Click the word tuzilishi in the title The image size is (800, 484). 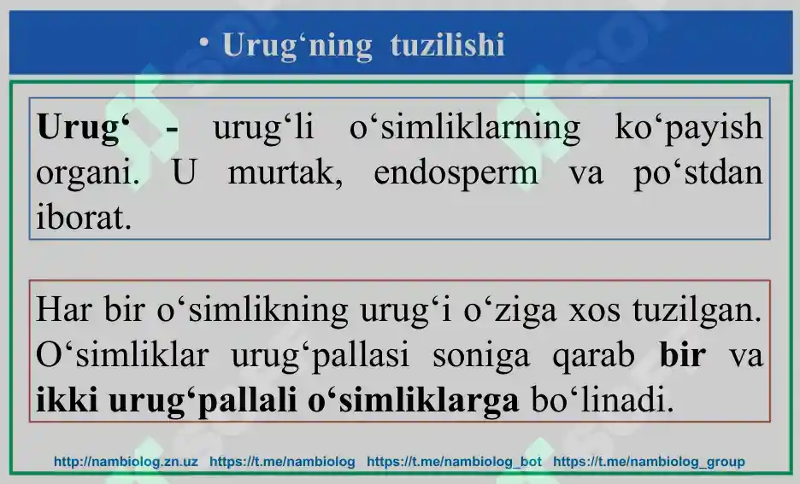[447, 45]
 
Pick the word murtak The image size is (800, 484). [285, 172]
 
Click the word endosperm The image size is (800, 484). [456, 173]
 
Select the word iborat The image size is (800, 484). [84, 218]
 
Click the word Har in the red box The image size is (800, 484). [65, 309]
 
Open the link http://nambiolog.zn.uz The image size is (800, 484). [126, 462]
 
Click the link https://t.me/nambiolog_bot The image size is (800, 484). [454, 462]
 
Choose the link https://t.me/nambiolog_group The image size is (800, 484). [649, 462]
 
